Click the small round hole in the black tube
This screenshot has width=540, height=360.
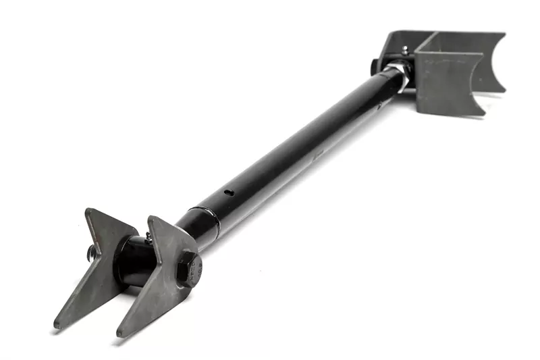(230, 192)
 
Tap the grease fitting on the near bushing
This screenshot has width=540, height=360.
(148, 236)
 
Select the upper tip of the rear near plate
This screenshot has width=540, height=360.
(88, 211)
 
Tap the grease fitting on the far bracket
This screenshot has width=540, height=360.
(404, 51)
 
